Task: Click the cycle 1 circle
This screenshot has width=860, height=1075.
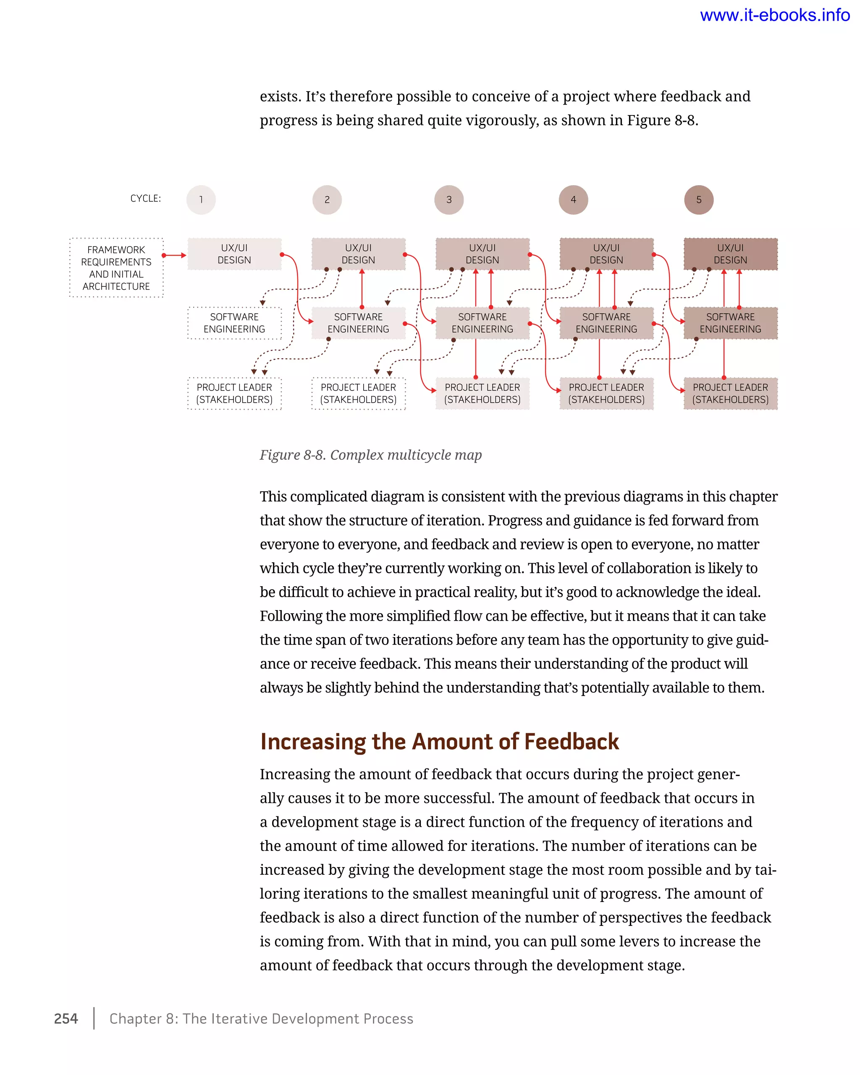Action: (201, 200)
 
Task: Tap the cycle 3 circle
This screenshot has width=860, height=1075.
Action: (449, 200)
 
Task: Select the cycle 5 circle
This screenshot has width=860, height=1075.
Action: (698, 200)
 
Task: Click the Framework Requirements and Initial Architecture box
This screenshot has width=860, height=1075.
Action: (116, 268)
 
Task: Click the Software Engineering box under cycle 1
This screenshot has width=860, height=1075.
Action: (234, 323)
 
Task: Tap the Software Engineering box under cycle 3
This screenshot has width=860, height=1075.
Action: (482, 323)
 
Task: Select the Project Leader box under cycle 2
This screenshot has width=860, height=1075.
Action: (359, 393)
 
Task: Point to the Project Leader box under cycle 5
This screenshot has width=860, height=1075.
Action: (730, 393)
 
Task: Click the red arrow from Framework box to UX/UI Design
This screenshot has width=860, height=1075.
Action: (175, 255)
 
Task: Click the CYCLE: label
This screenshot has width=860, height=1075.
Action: (146, 199)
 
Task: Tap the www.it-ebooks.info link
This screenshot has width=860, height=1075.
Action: (774, 16)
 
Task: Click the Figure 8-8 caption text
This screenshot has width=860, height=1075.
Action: (370, 455)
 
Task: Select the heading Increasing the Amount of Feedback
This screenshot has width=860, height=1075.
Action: (439, 742)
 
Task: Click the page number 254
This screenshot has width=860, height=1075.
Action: (66, 1019)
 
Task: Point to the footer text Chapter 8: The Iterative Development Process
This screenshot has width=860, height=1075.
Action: (261, 1019)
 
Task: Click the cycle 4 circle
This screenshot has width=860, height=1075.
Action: (573, 200)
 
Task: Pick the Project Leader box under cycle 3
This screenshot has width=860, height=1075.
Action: (482, 393)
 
